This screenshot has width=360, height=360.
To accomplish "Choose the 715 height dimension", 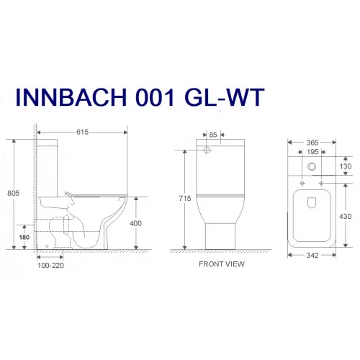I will [x=185, y=197].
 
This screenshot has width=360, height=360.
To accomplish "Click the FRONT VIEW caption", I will [x=222, y=264].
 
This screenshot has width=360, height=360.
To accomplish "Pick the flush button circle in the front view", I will [x=208, y=152].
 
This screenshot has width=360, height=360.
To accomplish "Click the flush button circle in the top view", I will [x=312, y=166].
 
